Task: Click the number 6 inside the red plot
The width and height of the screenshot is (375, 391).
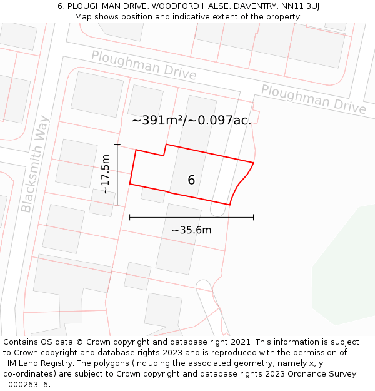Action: coord(191,180)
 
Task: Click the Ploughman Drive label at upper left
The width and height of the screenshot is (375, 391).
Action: coord(144,66)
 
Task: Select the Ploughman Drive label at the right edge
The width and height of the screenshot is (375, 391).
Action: coord(313,99)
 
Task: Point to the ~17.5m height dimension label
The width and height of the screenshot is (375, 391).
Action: coord(106,174)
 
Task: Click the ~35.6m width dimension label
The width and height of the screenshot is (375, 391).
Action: coord(191,230)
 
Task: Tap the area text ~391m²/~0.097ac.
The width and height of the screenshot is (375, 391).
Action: coord(191,121)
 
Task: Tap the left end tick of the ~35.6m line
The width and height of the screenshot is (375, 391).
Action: coord(130,217)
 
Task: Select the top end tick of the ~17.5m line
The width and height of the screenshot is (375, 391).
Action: coord(117,145)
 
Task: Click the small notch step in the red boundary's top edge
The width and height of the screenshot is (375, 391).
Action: coord(165,150)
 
